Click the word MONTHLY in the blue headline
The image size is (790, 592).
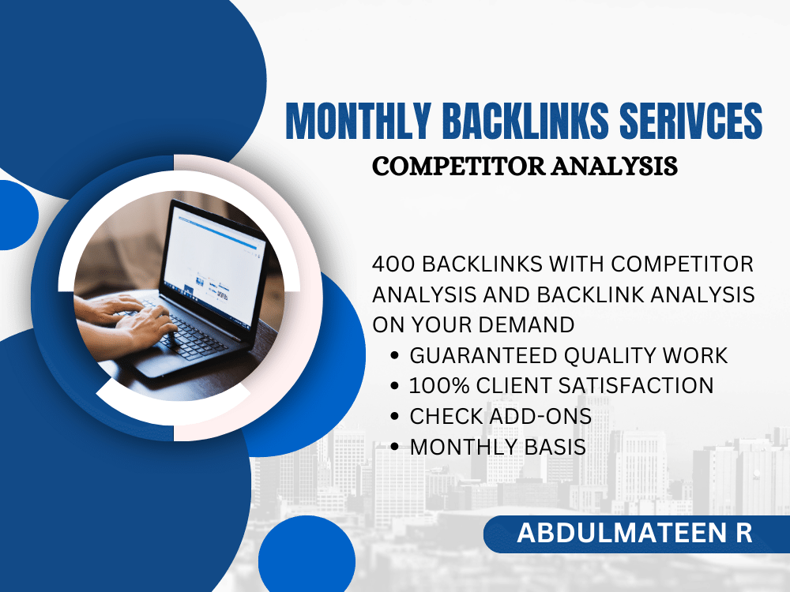pyautogui.click(x=358, y=121)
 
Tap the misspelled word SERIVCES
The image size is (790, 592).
pyautogui.click(x=690, y=121)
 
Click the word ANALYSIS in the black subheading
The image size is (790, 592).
pyautogui.click(x=614, y=166)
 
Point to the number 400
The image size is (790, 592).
pyautogui.click(x=393, y=264)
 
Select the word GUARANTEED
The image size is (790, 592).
pyautogui.click(x=483, y=355)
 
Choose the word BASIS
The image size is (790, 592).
pyautogui.click(x=555, y=447)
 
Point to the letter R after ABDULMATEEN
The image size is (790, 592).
pyautogui.click(x=743, y=533)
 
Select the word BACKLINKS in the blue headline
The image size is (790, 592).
pyautogui.click(x=525, y=121)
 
